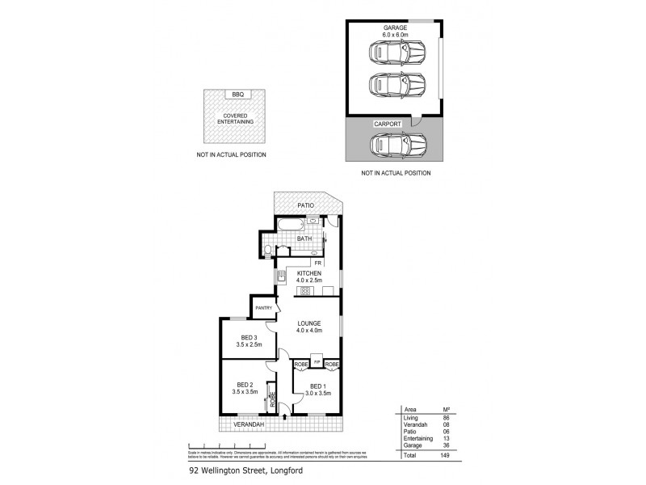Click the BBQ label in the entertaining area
click(x=237, y=95)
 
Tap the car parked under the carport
click(x=396, y=145)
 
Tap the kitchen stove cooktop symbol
click(x=281, y=278)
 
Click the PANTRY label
click(x=263, y=308)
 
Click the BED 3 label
click(x=249, y=338)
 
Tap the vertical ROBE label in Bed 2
click(x=272, y=399)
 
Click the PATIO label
click(x=304, y=205)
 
